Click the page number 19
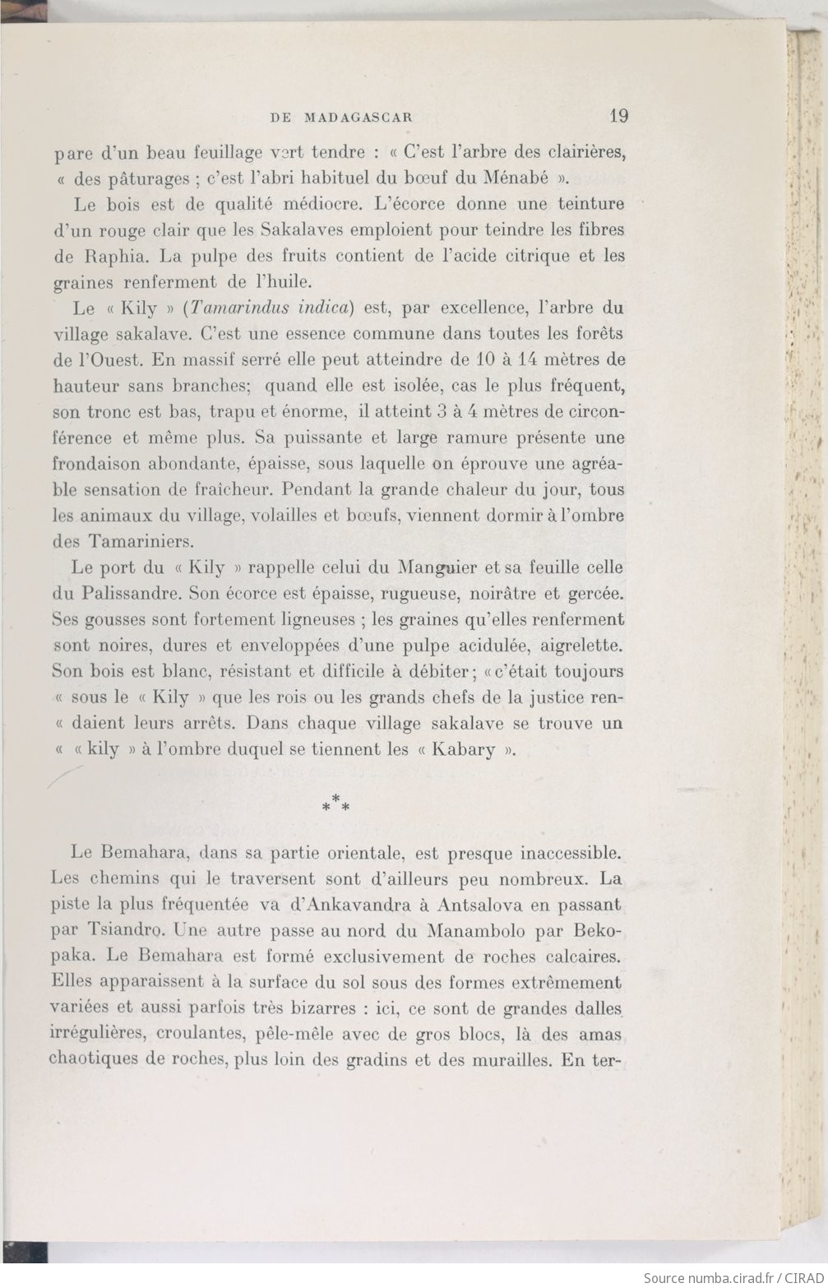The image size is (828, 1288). pyautogui.click(x=618, y=116)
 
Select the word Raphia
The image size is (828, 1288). pyautogui.click(x=102, y=256)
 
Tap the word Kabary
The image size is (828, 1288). pyautogui.click(x=463, y=750)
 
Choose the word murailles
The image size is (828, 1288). pyautogui.click(x=509, y=1060)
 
